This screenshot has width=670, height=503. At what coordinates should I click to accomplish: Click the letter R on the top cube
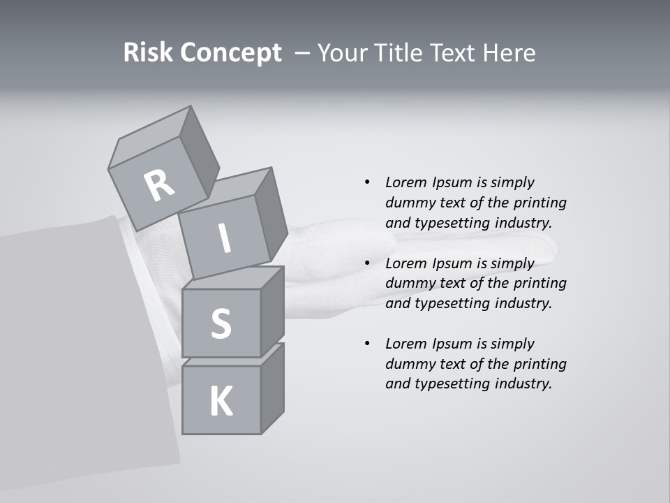pyautogui.click(x=160, y=185)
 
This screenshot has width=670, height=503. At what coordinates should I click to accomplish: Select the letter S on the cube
pyautogui.click(x=221, y=323)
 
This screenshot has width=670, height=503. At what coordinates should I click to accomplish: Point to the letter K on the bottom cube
pyautogui.click(x=221, y=402)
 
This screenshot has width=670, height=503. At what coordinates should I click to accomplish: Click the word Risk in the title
pyautogui.click(x=147, y=53)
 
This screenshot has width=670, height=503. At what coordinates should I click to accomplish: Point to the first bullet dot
pyautogui.click(x=367, y=182)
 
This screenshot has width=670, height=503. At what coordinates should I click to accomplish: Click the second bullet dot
pyautogui.click(x=367, y=263)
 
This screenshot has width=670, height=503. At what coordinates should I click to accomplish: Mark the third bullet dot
pyautogui.click(x=367, y=344)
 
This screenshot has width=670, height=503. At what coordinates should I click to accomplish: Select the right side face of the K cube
pyautogui.click(x=272, y=388)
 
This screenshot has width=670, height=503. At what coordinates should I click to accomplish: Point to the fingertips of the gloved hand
pyautogui.click(x=548, y=244)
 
